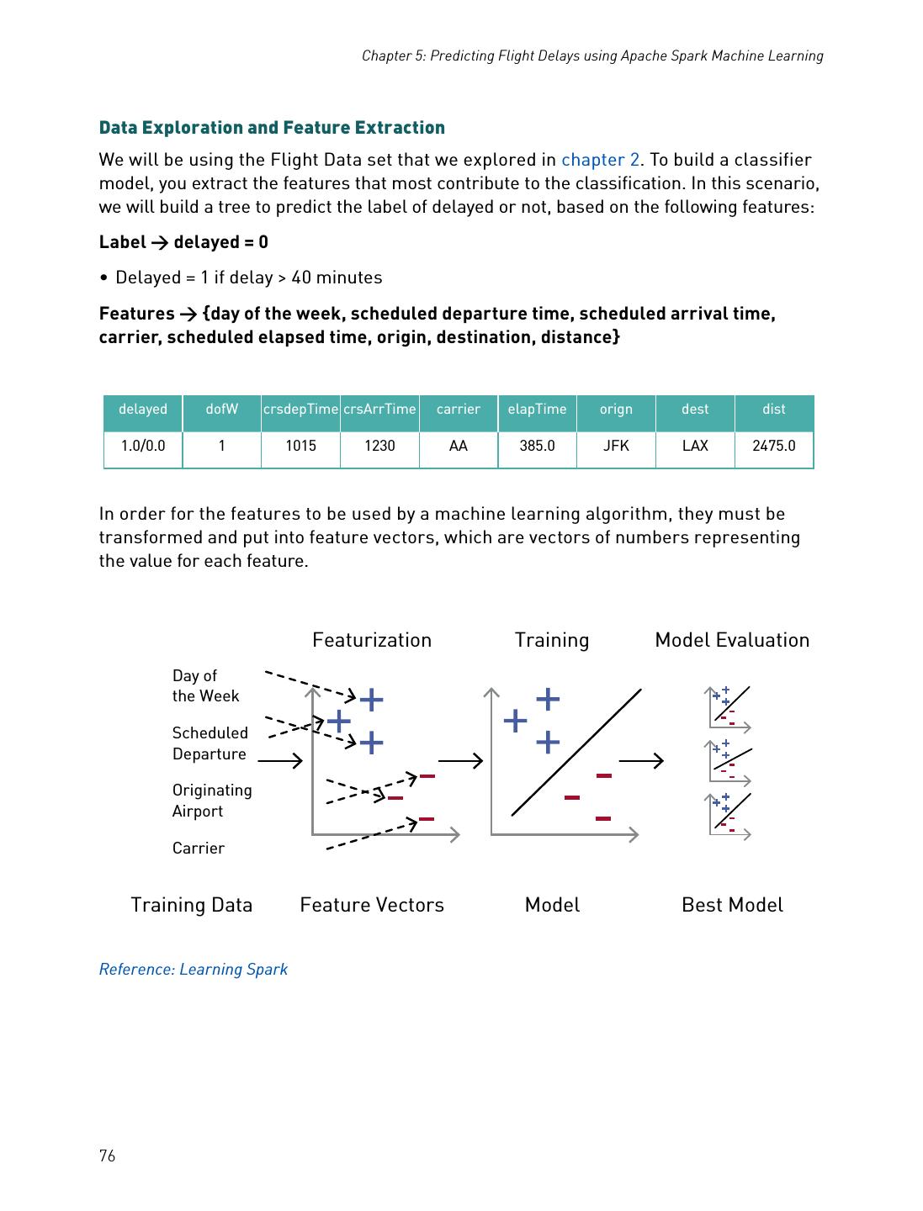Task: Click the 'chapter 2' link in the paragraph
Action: click(600, 160)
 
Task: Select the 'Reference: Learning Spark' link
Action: click(193, 969)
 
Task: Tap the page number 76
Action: click(107, 1155)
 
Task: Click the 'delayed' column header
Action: click(143, 410)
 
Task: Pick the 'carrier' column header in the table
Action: click(458, 410)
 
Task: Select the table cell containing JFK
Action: click(616, 446)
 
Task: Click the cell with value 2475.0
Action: click(773, 446)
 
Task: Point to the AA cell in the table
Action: click(458, 446)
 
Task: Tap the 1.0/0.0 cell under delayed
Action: click(143, 446)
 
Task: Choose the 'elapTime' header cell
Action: click(537, 410)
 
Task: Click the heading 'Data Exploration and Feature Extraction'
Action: click(272, 128)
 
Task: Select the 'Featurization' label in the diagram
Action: click(372, 640)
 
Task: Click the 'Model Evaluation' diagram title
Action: click(732, 640)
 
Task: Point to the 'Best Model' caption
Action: click(732, 905)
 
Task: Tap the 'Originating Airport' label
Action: click(212, 801)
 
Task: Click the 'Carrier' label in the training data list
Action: click(199, 848)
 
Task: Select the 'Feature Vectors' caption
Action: click(372, 905)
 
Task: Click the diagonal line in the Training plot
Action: click(576, 752)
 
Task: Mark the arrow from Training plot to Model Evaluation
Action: click(641, 761)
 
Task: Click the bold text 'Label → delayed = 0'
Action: click(183, 242)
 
